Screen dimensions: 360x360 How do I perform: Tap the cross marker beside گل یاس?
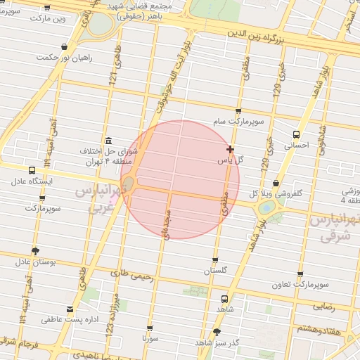[x=231, y=149]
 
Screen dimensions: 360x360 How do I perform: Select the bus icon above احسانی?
[x=296, y=134]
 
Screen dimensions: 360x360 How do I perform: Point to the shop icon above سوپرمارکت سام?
[x=238, y=110]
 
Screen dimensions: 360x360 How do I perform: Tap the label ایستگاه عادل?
[x=32, y=181]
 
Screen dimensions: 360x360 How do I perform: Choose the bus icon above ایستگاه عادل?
[x=32, y=170]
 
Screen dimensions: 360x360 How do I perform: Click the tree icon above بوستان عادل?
[x=36, y=250]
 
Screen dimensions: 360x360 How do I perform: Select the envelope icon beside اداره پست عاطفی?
[x=69, y=309]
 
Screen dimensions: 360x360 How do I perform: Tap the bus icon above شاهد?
[x=224, y=297]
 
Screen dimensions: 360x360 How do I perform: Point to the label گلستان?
[x=217, y=271]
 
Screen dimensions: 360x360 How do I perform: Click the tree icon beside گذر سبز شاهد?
[x=217, y=331]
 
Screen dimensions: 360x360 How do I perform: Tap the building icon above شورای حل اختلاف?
[x=108, y=140]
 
